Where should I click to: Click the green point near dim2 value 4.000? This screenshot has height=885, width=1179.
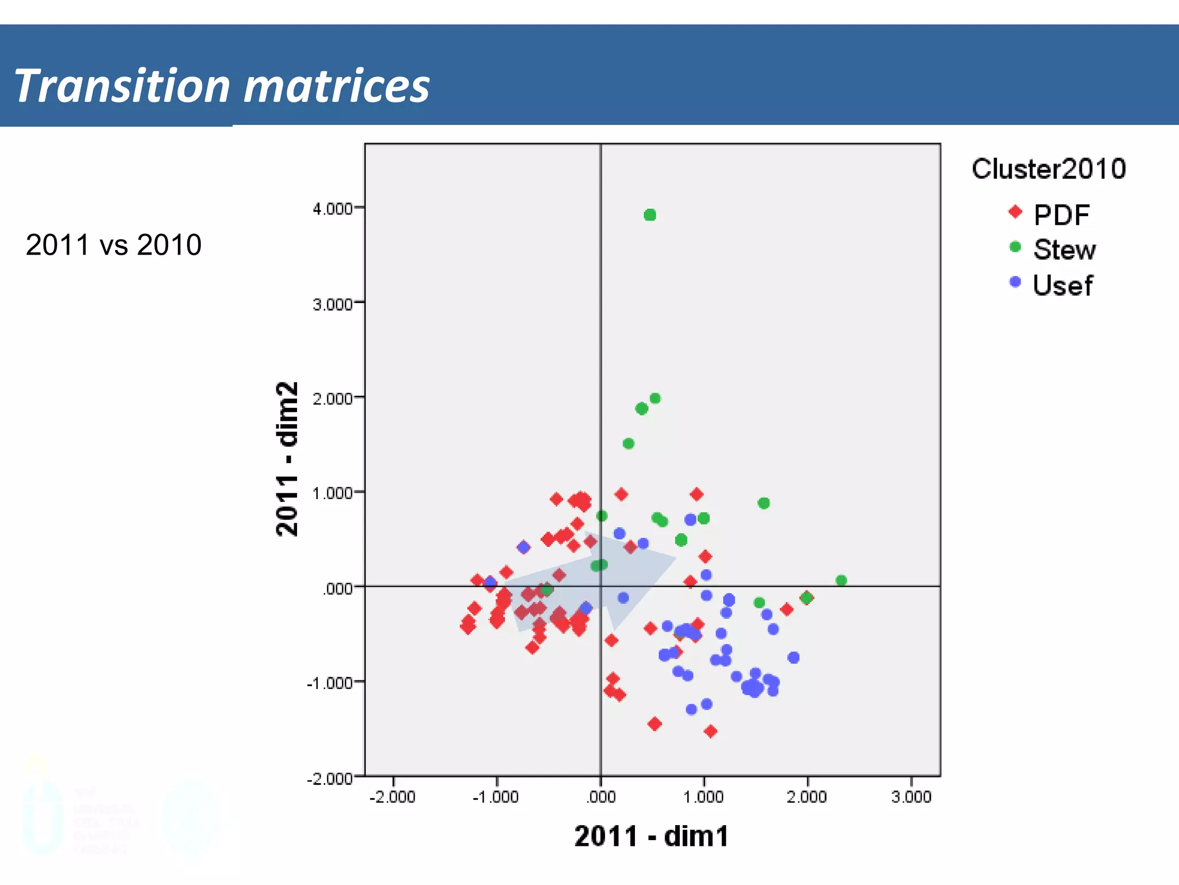click(650, 215)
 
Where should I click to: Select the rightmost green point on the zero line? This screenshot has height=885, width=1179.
click(841, 580)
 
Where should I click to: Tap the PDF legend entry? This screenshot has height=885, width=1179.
click(1061, 215)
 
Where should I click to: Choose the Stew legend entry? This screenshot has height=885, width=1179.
click(1064, 250)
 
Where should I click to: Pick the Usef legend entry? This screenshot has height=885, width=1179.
click(1062, 285)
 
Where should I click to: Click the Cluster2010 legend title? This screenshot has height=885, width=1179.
click(1048, 169)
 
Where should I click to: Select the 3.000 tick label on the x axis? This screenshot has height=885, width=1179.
click(911, 797)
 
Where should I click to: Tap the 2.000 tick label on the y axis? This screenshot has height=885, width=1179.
click(333, 399)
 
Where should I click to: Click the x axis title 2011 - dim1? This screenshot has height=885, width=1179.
click(651, 836)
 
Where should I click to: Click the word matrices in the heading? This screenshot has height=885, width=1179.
click(337, 86)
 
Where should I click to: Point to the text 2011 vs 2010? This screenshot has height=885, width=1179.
click(113, 245)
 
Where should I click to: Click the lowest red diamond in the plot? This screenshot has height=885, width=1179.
click(710, 731)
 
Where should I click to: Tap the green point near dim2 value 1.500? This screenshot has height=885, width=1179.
click(629, 444)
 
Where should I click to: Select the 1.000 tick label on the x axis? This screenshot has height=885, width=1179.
click(703, 797)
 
